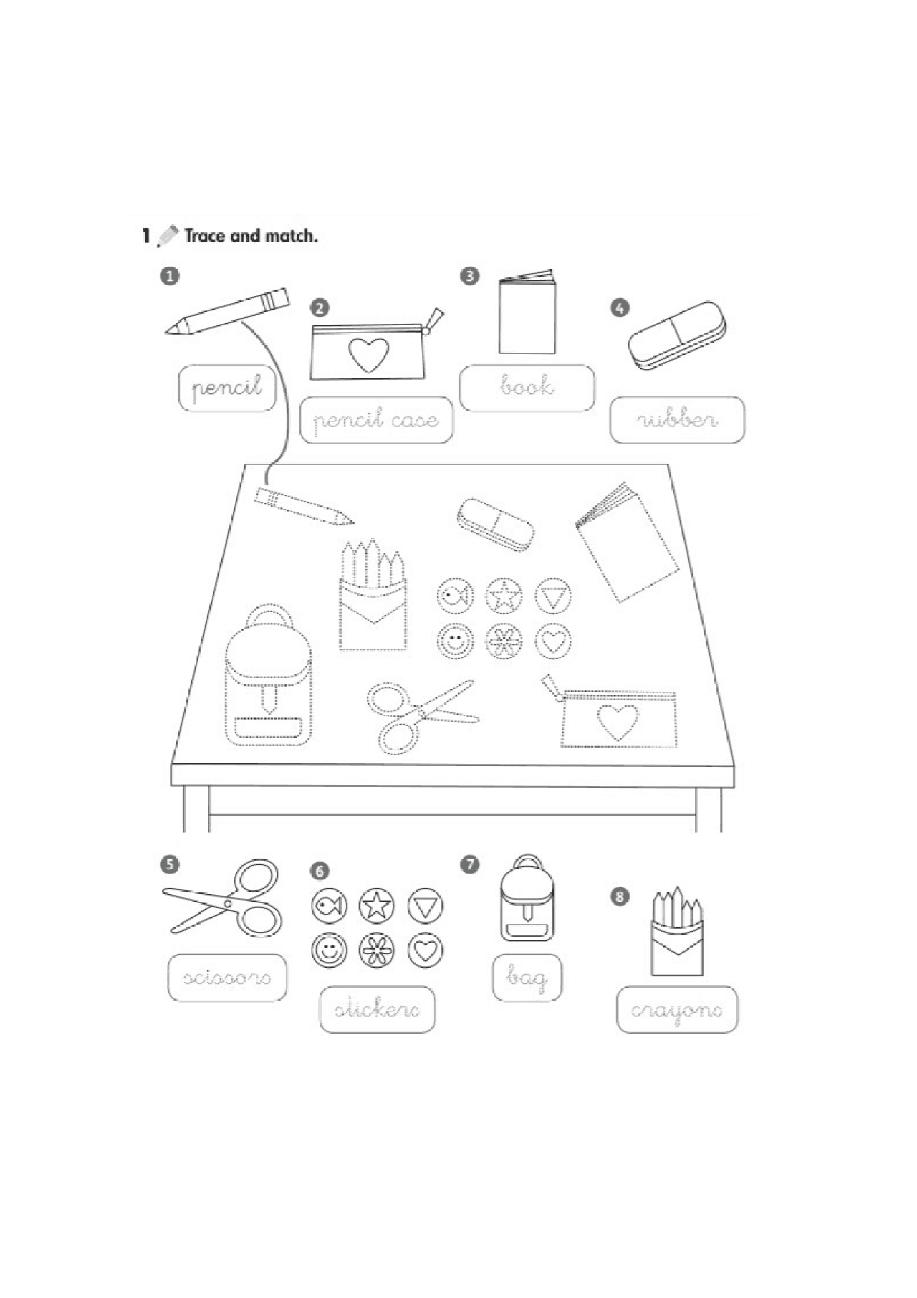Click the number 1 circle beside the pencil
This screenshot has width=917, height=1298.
(170, 276)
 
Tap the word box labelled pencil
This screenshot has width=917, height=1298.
(227, 388)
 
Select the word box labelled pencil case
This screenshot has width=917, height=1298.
(377, 420)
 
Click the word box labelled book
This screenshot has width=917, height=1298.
(527, 388)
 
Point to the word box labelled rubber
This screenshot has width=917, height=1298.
(677, 420)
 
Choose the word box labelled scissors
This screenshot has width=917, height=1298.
(227, 978)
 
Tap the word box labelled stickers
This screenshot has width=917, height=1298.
(378, 1009)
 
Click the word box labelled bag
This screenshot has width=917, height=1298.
(527, 978)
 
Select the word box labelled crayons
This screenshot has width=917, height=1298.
(677, 1009)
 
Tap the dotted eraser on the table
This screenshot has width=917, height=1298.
(495, 525)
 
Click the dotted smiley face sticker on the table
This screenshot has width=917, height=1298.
(455, 641)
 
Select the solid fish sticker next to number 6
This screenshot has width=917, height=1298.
(329, 906)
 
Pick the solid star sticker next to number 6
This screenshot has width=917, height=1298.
(377, 905)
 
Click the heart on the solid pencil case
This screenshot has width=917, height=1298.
(369, 355)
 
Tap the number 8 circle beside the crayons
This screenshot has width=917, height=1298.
(620, 897)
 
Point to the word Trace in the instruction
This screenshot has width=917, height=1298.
(205, 236)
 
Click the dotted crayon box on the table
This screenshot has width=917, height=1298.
(373, 598)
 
